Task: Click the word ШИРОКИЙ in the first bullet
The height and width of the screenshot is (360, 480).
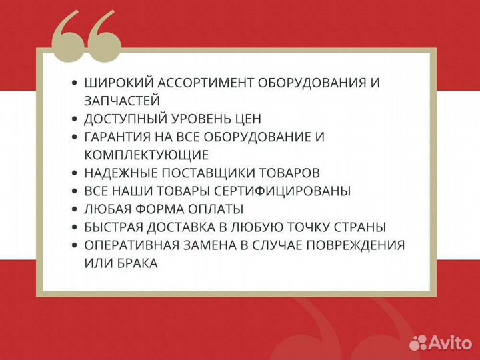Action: tap(116, 83)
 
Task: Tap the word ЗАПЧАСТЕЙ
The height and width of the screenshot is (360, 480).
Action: tap(122, 101)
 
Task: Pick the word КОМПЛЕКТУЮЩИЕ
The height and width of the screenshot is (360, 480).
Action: tap(147, 155)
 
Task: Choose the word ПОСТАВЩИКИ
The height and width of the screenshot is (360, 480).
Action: tap(224, 173)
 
